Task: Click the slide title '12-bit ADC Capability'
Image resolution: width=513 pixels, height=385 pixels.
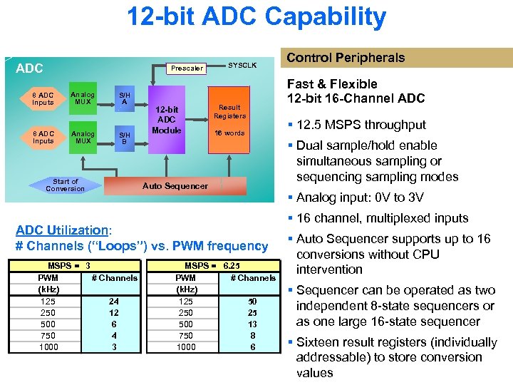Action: [x=256, y=17]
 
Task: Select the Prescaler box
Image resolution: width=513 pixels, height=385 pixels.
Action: [x=187, y=68]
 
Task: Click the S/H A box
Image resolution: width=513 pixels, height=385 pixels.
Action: [x=124, y=98]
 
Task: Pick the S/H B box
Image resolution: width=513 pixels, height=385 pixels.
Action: [x=124, y=137]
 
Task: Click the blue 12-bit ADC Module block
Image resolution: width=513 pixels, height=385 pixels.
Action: [x=167, y=120]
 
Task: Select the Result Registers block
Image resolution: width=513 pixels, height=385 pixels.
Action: [x=229, y=112]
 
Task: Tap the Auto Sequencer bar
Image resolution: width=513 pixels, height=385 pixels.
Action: [x=175, y=186]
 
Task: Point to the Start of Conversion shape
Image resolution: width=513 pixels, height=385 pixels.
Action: [x=65, y=185]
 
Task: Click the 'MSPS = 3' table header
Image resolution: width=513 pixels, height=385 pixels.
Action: [x=68, y=265]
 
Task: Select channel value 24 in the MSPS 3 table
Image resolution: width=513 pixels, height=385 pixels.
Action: [x=114, y=301]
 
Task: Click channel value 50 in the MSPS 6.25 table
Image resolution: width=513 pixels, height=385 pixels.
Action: [x=252, y=301]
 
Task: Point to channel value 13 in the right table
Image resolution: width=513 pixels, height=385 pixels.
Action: [x=252, y=324]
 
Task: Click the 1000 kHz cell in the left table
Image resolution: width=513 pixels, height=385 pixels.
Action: [x=48, y=346]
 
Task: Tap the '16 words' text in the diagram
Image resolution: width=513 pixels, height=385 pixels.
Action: [x=229, y=133]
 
